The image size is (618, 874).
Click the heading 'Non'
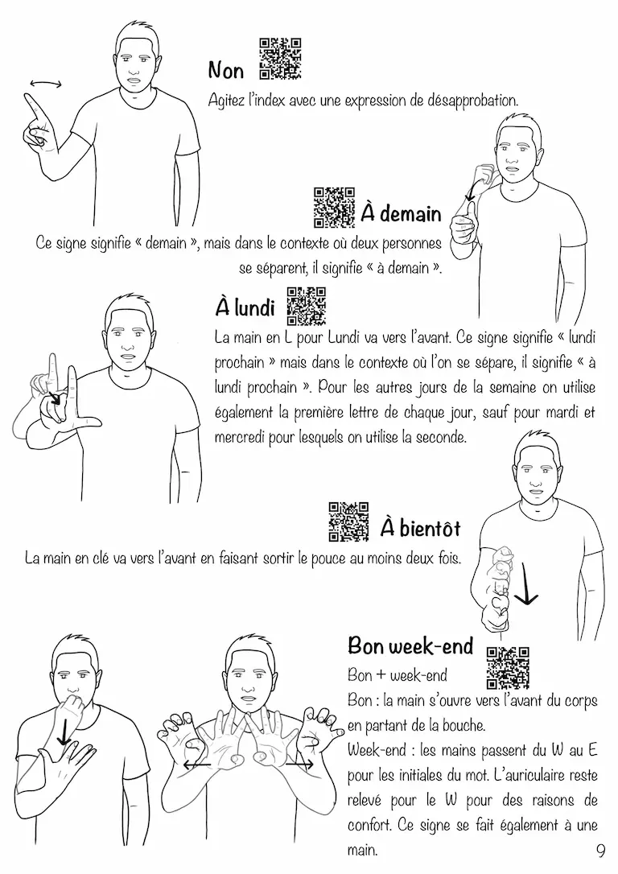point(226,71)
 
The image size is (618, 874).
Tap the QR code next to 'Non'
point(281,59)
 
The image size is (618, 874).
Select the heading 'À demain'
point(402,213)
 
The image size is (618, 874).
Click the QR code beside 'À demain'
point(335,208)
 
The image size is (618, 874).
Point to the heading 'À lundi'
point(245,307)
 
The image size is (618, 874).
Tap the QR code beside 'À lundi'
point(306,306)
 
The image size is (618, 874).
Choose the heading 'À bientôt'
point(421,528)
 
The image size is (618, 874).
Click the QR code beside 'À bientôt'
point(349,522)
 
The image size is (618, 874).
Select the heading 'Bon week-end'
point(410,645)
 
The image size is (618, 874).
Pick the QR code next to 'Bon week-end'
point(508,668)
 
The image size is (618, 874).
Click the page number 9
point(600,851)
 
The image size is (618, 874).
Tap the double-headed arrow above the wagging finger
point(46,84)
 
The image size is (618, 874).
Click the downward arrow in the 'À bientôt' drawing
point(525,583)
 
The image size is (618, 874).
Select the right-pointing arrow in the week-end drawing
point(299,765)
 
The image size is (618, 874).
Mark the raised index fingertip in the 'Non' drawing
point(27,98)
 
